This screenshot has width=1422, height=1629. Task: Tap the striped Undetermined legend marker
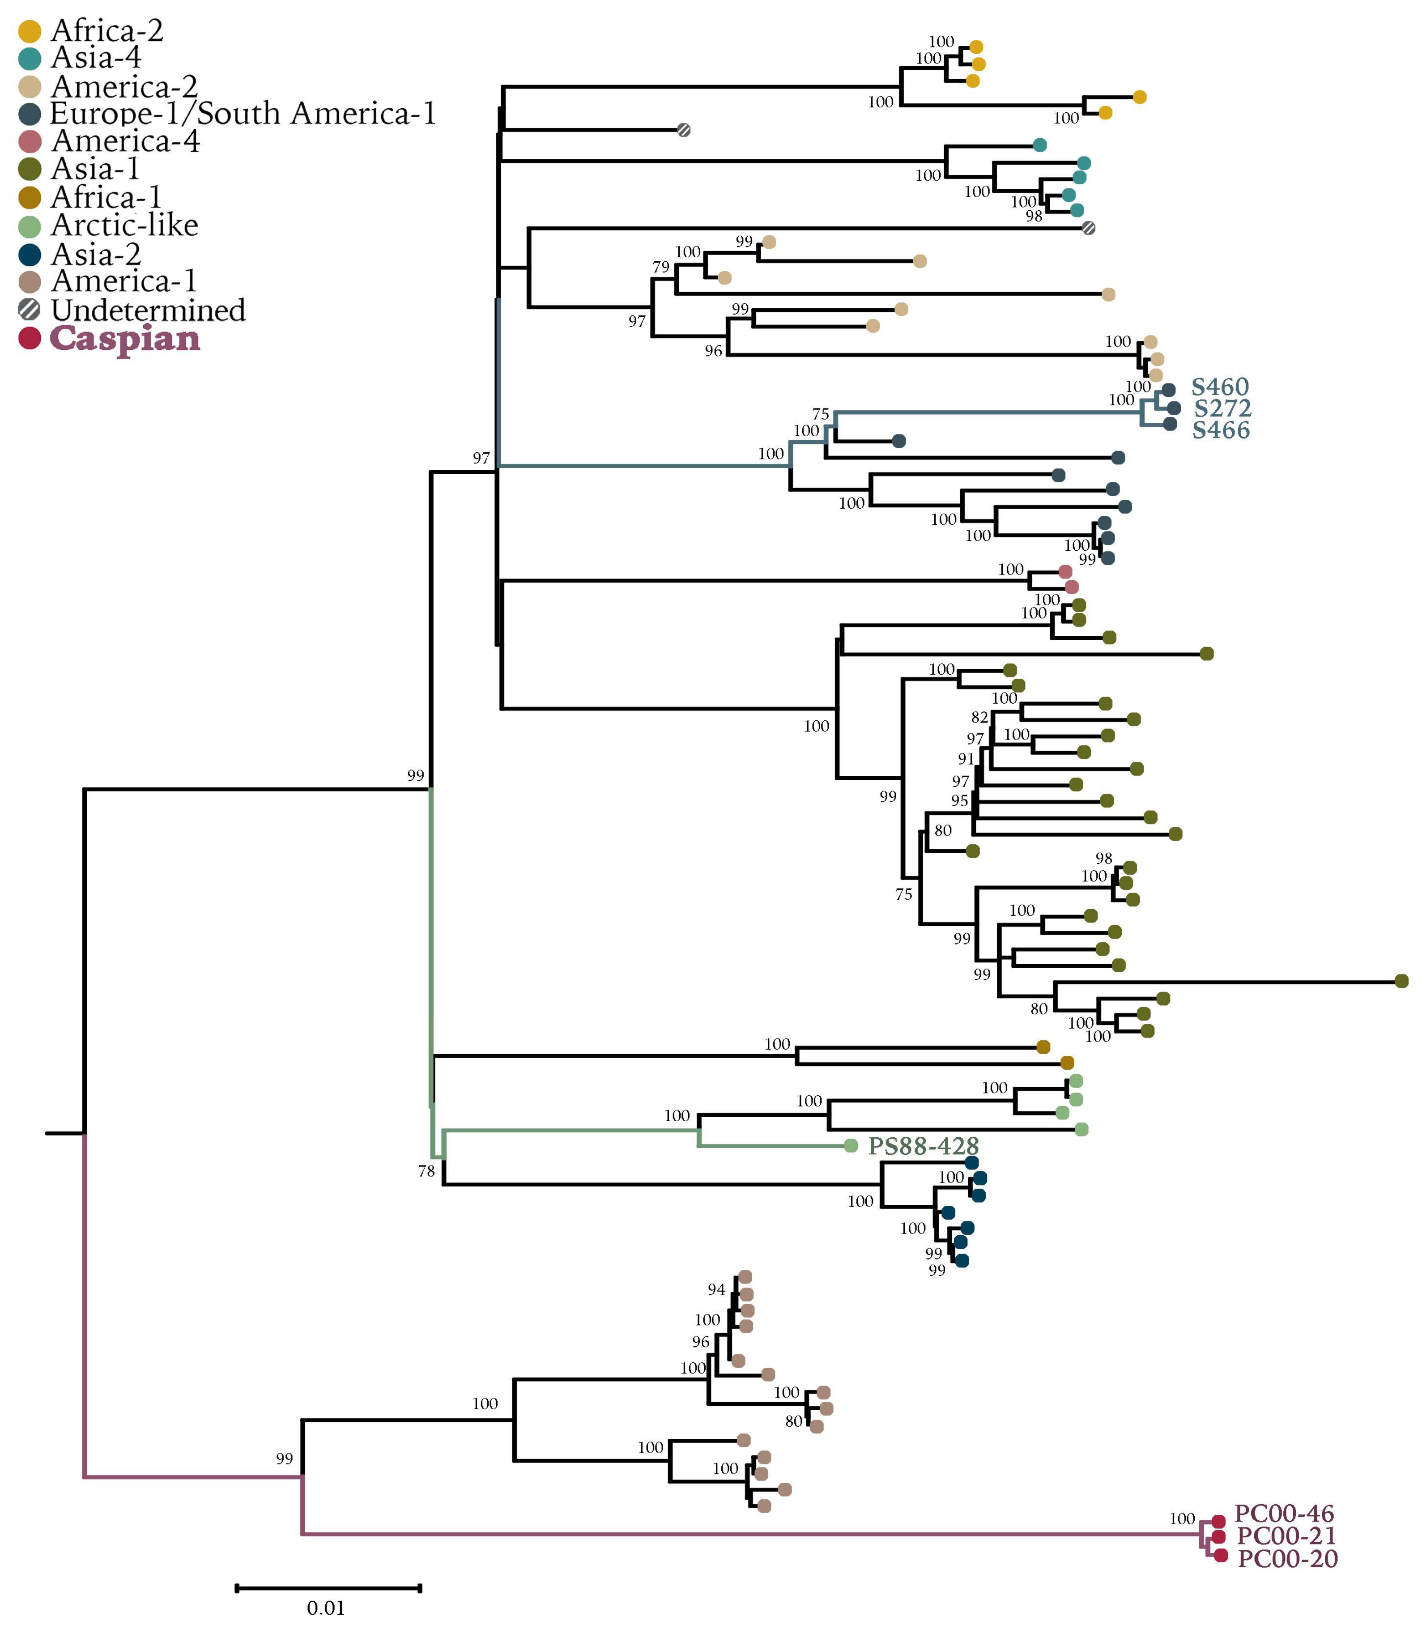pyautogui.click(x=30, y=310)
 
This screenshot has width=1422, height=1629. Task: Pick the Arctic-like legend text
pyautogui.click(x=124, y=225)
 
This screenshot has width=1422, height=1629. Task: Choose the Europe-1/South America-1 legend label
pyautogui.click(x=243, y=114)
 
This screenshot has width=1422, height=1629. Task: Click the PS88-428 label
pyautogui.click(x=923, y=1146)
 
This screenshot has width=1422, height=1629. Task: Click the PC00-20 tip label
pyautogui.click(x=1287, y=1558)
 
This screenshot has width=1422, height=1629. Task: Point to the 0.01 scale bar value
pyautogui.click(x=325, y=1608)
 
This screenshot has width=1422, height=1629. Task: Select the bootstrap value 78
pyautogui.click(x=426, y=1170)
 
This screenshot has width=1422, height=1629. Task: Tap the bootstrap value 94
pyautogui.click(x=716, y=1289)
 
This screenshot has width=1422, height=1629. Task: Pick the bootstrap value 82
pyautogui.click(x=979, y=717)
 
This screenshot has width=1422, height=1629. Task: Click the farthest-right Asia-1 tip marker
pyautogui.click(x=1401, y=981)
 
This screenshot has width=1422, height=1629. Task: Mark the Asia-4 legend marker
pyautogui.click(x=30, y=58)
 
